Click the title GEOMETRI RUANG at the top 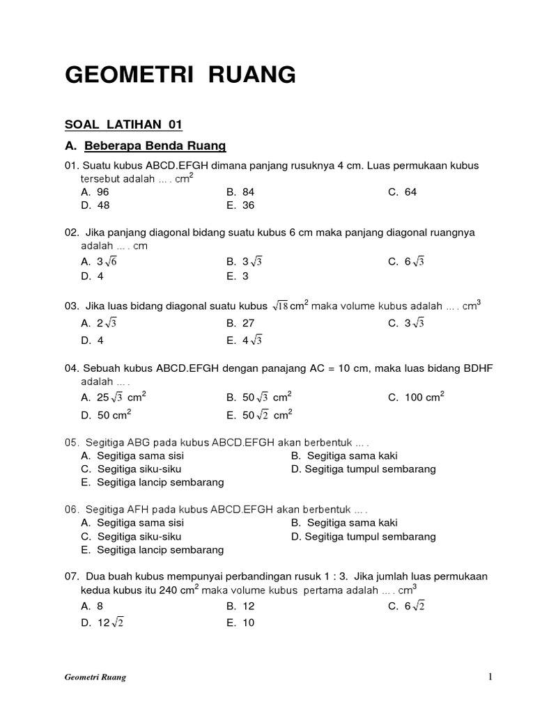180,75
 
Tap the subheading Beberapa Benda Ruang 155,146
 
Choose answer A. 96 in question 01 95,191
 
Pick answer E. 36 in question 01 240,205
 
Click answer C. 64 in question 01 402,191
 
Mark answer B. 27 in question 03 240,324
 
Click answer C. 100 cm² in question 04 416,398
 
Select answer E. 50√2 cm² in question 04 258,414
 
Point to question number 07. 71,577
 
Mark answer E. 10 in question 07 240,622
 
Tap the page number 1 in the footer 490,676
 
